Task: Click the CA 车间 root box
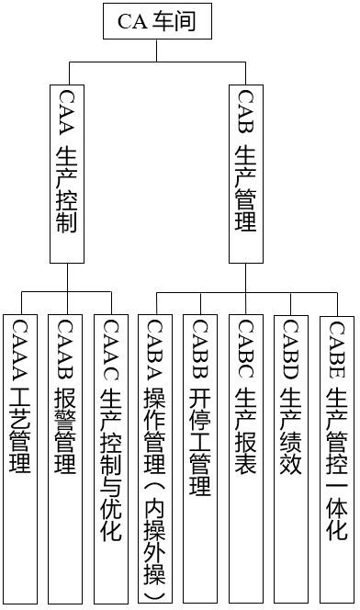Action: pyautogui.click(x=157, y=21)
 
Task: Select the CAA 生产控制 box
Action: pyautogui.click(x=67, y=175)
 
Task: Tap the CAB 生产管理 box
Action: pyautogui.click(x=245, y=175)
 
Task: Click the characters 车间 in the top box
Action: pyautogui.click(x=174, y=21)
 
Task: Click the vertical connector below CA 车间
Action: pyautogui.click(x=157, y=51)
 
